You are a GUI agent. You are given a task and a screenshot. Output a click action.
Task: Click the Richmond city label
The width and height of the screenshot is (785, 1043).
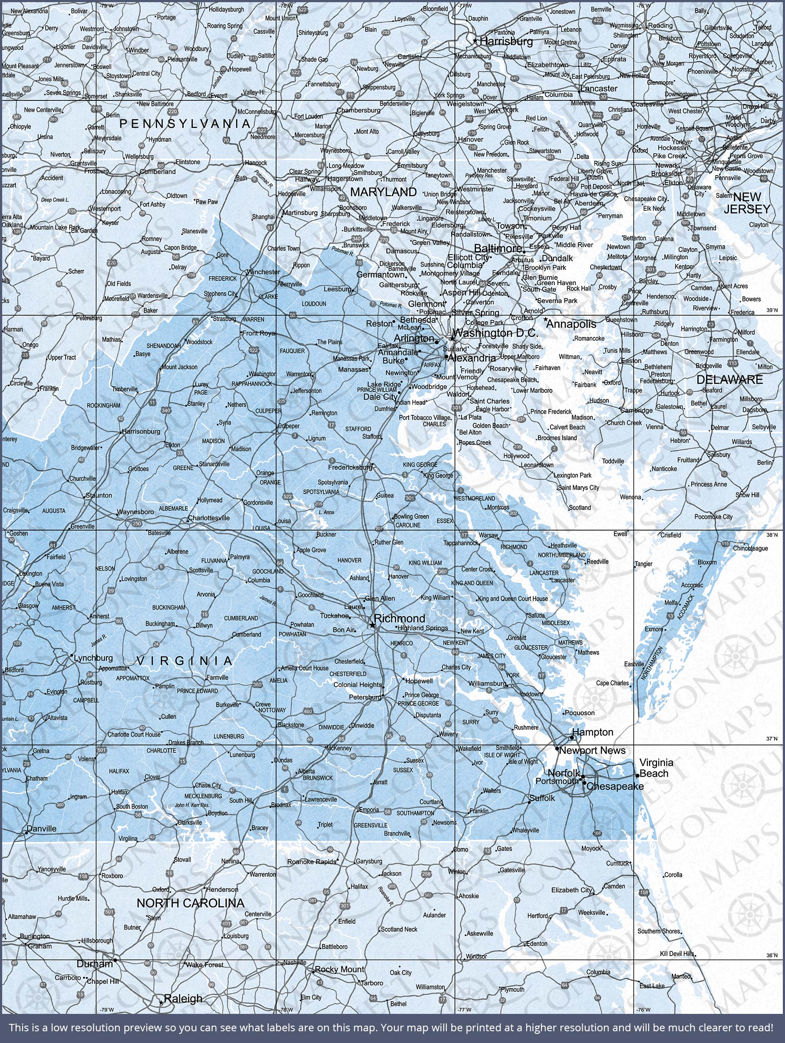399,618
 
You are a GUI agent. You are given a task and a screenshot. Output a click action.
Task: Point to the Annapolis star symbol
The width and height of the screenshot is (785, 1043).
546,320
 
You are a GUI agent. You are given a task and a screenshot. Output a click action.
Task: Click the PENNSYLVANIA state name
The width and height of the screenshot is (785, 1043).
185,123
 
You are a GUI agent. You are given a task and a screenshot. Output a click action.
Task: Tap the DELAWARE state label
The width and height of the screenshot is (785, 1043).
729,379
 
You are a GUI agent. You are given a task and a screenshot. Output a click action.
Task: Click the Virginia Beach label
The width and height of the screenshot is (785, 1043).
656,767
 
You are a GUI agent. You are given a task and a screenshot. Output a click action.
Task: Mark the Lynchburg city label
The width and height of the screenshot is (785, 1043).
93,658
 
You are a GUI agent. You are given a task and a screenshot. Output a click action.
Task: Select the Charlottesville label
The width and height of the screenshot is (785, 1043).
209,518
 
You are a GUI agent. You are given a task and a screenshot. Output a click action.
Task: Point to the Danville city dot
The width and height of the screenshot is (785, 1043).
26,833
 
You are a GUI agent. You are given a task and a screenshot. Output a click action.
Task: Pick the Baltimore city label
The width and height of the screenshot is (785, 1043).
498,248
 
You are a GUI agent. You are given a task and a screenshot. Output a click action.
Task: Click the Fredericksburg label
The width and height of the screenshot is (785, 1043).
350,467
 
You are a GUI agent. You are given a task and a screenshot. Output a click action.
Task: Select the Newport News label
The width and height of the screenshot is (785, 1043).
592,750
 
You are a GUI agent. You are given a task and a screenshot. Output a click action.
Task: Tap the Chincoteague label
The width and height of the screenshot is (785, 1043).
750,548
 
